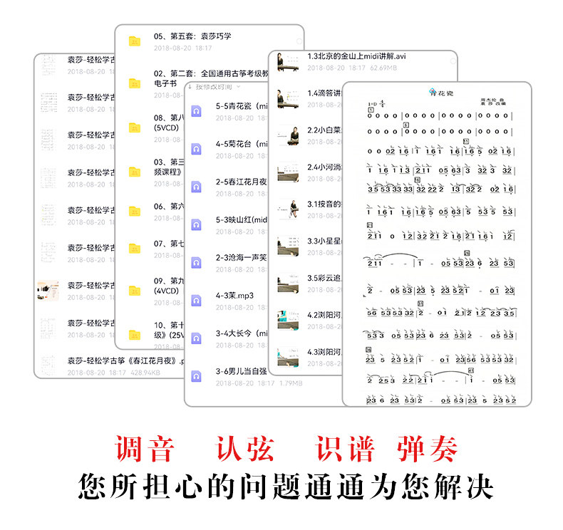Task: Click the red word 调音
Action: pos(145,450)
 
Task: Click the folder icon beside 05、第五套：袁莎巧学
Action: pos(135,41)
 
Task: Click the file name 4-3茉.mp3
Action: pos(235,294)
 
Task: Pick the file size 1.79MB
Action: pos(289,383)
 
